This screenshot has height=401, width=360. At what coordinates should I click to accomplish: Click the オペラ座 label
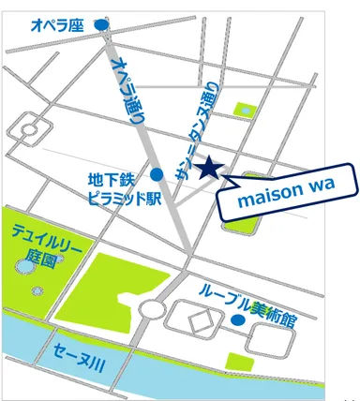point(58,19)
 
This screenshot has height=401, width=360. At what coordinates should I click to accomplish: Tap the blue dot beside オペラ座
point(102,18)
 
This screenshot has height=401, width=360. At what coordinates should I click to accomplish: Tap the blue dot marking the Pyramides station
point(157,173)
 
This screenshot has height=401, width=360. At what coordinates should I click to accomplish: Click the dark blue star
point(209,168)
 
